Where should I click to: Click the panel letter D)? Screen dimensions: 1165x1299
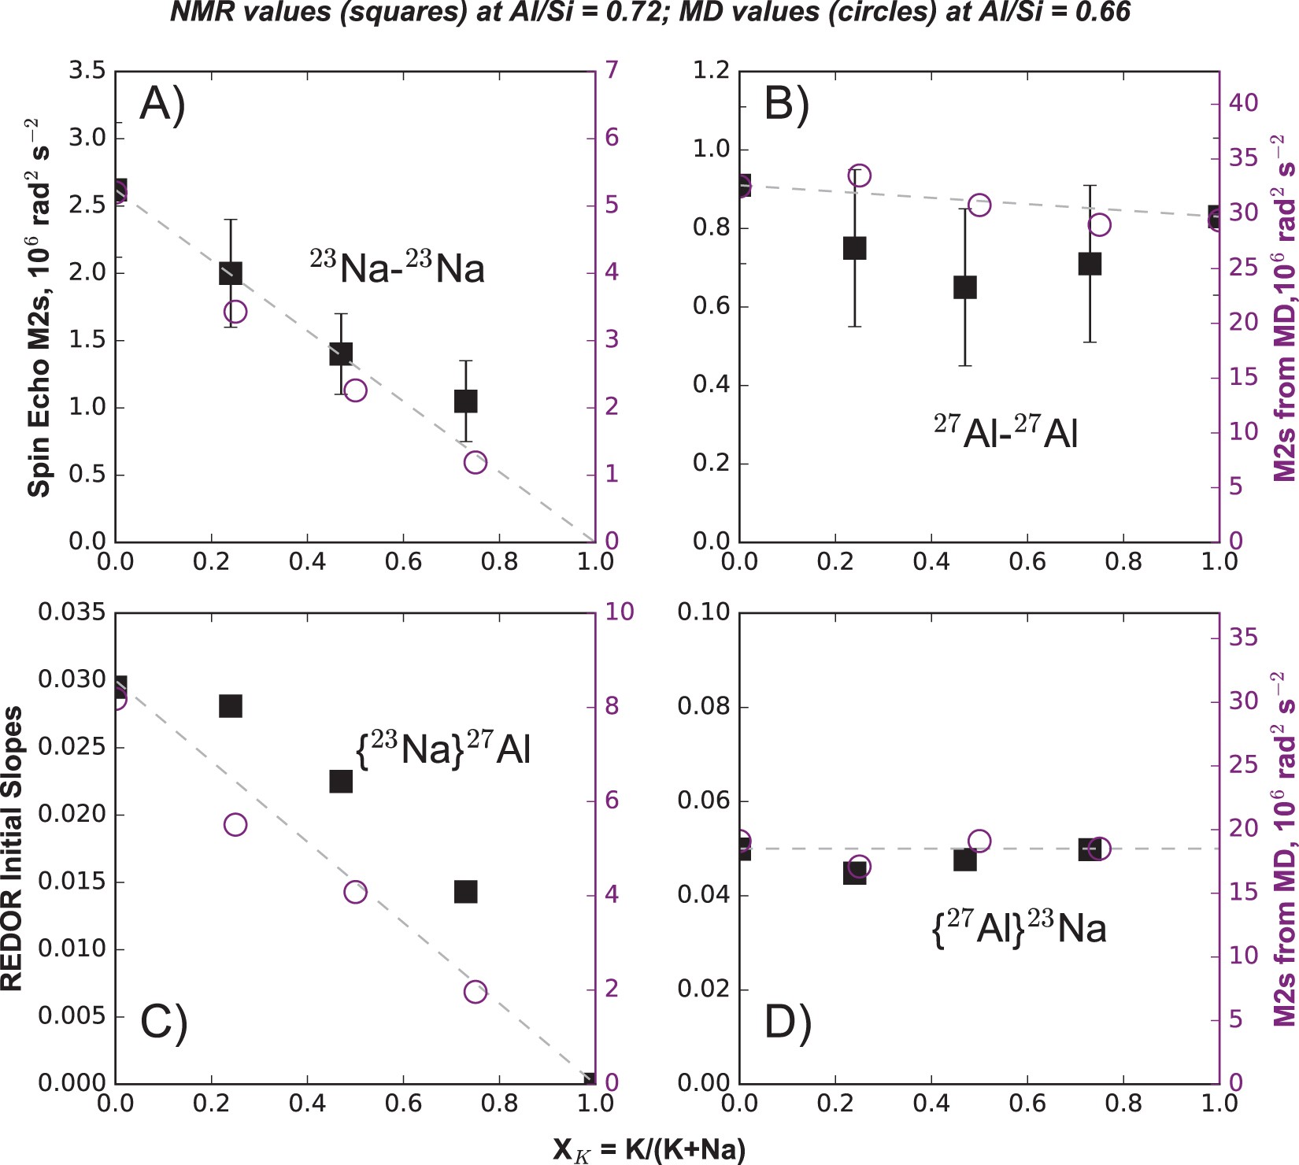pos(787,1023)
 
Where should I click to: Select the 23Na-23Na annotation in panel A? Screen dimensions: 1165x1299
pos(397,267)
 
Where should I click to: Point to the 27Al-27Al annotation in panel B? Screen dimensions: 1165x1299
pos(1006,431)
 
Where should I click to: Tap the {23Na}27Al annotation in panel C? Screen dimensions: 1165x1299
pos(443,749)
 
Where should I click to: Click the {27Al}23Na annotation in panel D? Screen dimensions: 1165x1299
pos(1019,905)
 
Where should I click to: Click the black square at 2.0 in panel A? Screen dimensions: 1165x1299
pos(230,273)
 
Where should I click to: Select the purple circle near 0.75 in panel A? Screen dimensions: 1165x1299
pos(475,462)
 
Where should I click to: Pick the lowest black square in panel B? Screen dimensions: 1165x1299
pos(965,287)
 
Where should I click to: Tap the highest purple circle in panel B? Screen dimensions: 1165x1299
pos(860,176)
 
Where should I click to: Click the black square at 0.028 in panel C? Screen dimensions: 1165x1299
pos(230,705)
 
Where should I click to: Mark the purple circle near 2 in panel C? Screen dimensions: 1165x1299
pos(475,991)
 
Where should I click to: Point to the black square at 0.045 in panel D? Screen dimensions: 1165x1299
pos(855,873)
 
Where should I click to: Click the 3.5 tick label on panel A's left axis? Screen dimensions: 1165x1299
pos(87,71)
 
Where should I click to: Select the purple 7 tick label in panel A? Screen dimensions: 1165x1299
pos(612,71)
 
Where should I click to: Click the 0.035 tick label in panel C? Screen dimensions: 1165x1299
pos(72,612)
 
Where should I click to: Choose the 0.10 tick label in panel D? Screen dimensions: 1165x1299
pos(703,612)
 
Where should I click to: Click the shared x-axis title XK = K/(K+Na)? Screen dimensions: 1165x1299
pos(649,1149)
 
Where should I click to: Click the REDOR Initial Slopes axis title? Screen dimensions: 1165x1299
pos(13,846)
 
